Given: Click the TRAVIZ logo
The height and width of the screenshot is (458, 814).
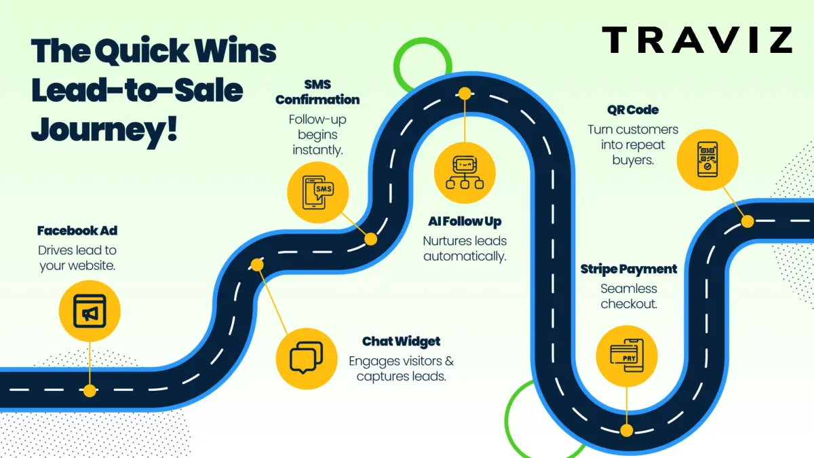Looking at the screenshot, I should (697, 40).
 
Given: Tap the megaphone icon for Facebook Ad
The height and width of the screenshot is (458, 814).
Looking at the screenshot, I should (89, 312).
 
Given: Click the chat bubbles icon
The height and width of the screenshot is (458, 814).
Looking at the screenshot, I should (306, 358).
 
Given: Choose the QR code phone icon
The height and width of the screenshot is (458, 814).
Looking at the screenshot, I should (708, 159).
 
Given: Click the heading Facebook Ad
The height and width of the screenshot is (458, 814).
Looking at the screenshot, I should (77, 231).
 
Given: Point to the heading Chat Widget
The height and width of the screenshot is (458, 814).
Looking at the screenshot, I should (401, 341).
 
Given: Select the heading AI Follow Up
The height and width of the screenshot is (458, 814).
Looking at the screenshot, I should (465, 221).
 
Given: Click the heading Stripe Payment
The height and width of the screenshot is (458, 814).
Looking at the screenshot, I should (628, 269).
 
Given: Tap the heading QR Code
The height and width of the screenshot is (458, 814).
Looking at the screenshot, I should (633, 110).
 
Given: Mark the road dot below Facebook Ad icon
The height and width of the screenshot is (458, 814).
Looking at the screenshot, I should (89, 390).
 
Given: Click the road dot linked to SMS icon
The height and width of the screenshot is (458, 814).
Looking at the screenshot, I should (370, 239).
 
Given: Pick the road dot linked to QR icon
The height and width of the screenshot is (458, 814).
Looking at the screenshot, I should (747, 221).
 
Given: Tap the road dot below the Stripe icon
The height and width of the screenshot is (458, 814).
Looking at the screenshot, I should (626, 430).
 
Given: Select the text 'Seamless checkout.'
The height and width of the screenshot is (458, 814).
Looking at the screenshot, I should (628, 297).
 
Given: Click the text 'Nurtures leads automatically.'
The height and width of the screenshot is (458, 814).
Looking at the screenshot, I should (465, 249).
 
